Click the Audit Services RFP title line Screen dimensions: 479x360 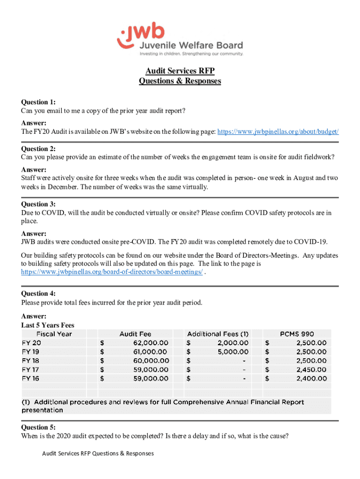180,71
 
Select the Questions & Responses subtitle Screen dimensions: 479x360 180,81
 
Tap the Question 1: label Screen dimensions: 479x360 38,102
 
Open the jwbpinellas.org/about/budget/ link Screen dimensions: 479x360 278,132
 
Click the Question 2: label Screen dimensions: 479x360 38,149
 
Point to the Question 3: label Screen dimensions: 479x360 38,204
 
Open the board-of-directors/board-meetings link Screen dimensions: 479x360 112,272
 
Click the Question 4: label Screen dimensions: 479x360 38,294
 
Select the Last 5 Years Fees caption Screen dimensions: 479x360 48,325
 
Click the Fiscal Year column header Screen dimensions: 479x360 54,334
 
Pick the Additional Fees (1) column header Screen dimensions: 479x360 218,334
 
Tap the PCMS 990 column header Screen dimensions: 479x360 297,334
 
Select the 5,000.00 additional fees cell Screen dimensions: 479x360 233,352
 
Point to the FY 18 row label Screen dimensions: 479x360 30,361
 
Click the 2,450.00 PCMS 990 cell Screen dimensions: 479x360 311,370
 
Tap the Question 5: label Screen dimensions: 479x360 38,428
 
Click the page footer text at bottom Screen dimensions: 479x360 98,453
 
